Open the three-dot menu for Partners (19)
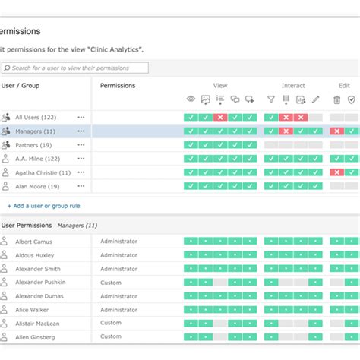81,145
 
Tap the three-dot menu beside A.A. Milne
81,159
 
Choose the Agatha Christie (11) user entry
43,172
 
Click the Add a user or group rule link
43,206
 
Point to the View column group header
220,86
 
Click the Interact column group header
293,86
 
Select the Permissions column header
118,86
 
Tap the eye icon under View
191,99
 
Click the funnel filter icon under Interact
270,99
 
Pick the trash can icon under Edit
336,99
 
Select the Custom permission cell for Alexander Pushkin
111,282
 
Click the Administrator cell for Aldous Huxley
118,254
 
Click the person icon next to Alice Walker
5,309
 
